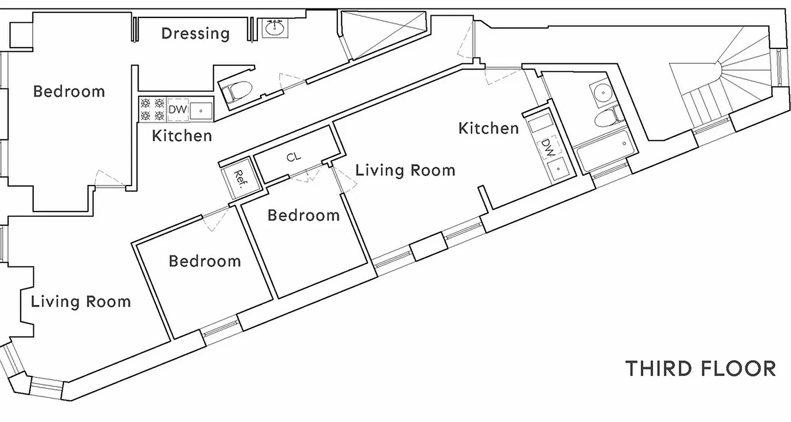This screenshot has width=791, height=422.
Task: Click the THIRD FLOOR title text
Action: (x=700, y=368)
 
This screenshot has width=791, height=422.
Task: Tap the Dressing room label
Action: (x=195, y=34)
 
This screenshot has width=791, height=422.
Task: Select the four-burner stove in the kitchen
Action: (x=152, y=110)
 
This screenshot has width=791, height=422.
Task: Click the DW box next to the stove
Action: (x=178, y=110)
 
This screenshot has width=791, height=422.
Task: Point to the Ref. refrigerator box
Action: (x=240, y=178)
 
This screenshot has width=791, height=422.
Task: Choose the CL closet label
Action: (x=294, y=157)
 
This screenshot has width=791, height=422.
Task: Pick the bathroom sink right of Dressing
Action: (x=275, y=28)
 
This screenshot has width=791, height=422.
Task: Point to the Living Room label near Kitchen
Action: (x=405, y=170)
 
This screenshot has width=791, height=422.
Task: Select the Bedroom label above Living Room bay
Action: (x=69, y=91)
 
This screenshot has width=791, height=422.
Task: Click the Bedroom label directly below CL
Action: (x=303, y=215)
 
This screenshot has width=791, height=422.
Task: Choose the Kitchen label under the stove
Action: (x=182, y=136)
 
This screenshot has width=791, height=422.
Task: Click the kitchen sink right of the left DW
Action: (x=201, y=110)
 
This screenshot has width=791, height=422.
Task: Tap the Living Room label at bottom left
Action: (x=81, y=302)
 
